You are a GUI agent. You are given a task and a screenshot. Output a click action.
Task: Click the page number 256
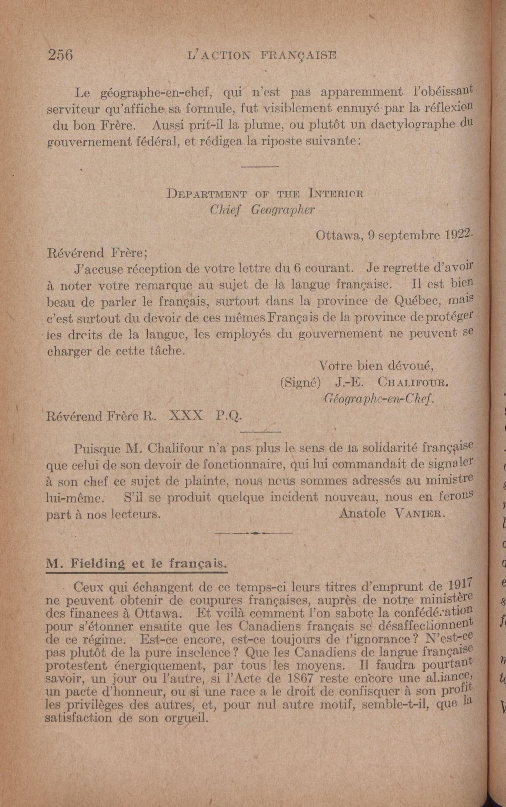60,55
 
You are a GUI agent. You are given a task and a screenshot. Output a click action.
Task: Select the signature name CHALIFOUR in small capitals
412,382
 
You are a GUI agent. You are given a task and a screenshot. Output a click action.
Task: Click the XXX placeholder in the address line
185,416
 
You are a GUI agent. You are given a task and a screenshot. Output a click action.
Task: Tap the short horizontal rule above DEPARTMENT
260,167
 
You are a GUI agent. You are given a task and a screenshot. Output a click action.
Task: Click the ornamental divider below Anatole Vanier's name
254,533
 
